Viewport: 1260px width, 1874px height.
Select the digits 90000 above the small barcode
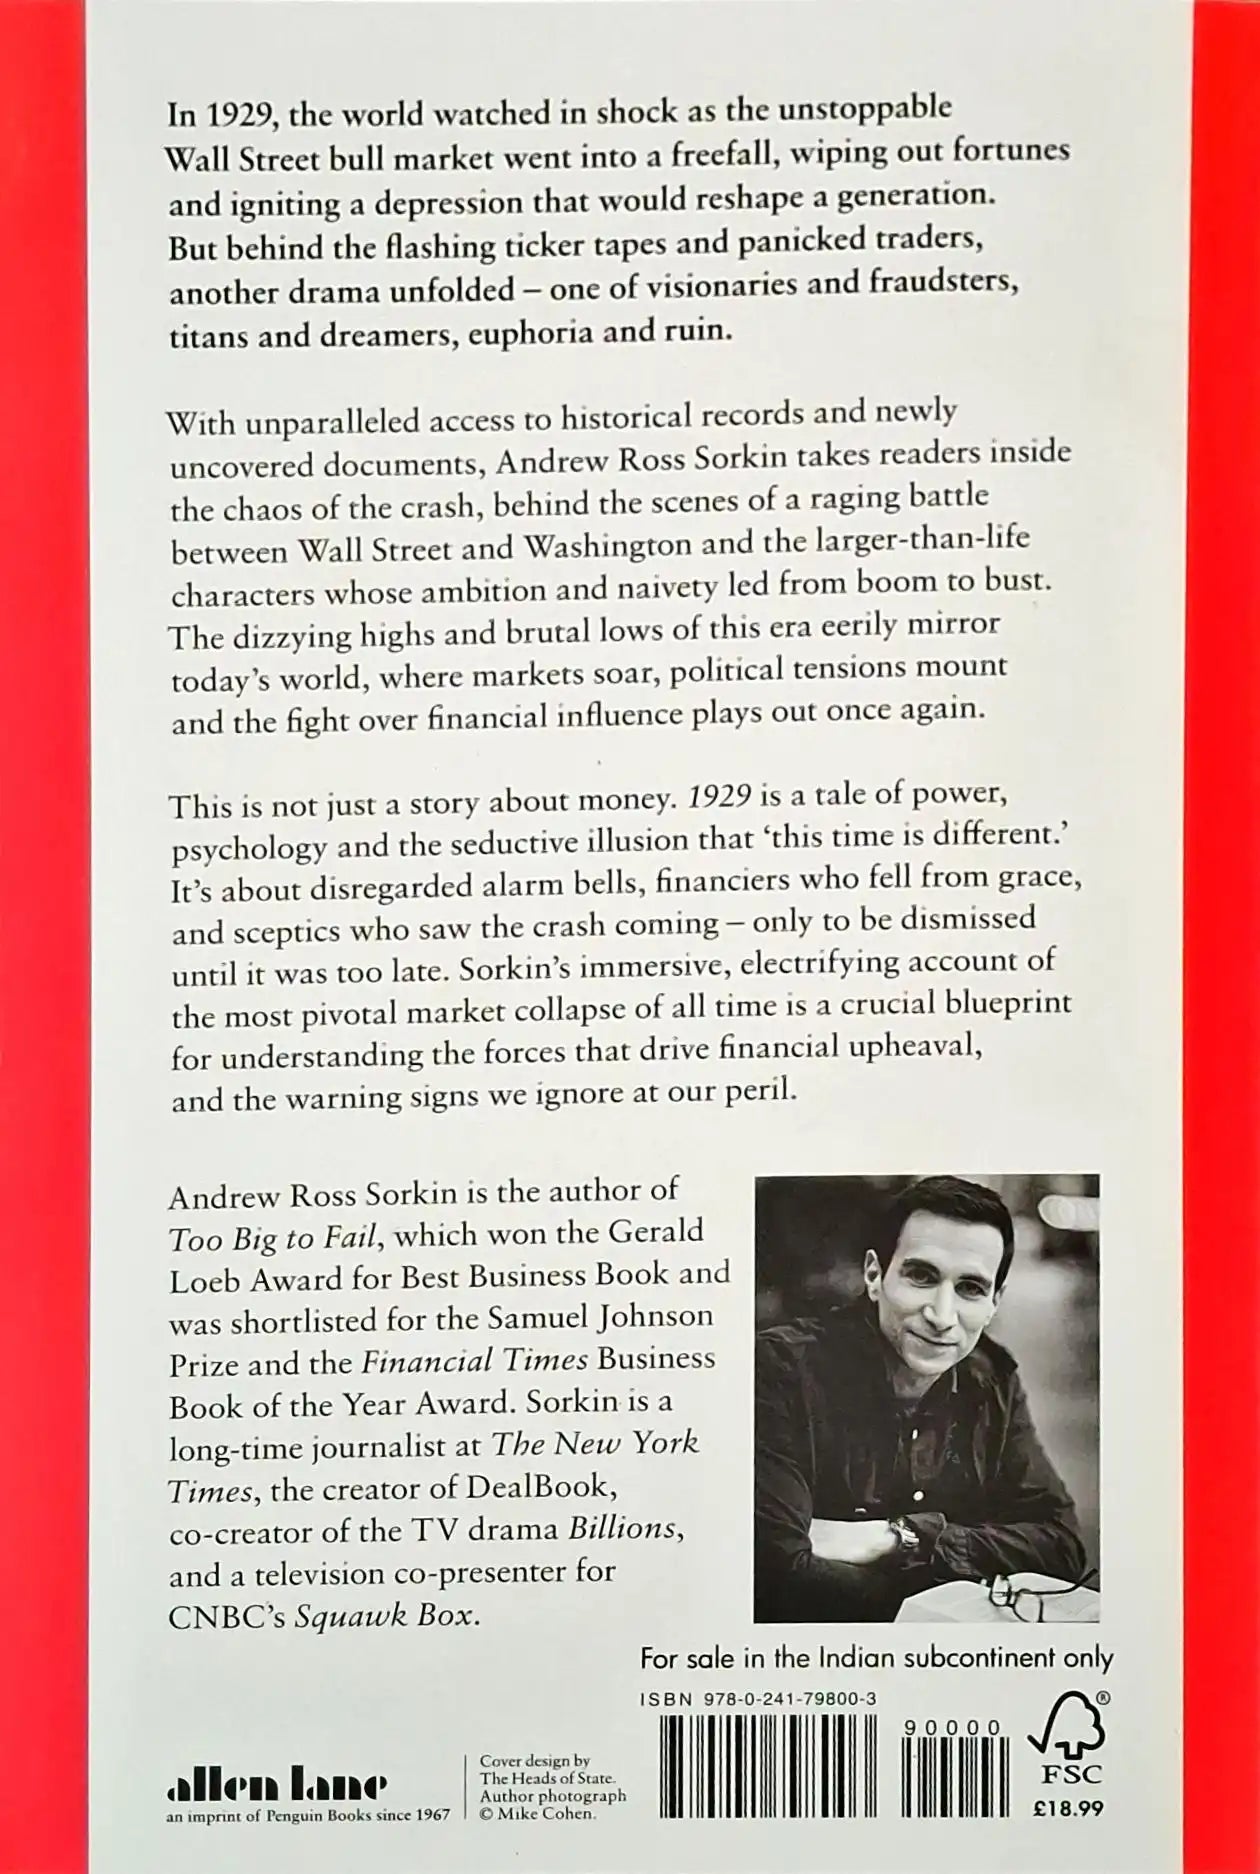click(951, 1728)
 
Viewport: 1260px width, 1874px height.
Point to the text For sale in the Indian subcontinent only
click(876, 1658)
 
